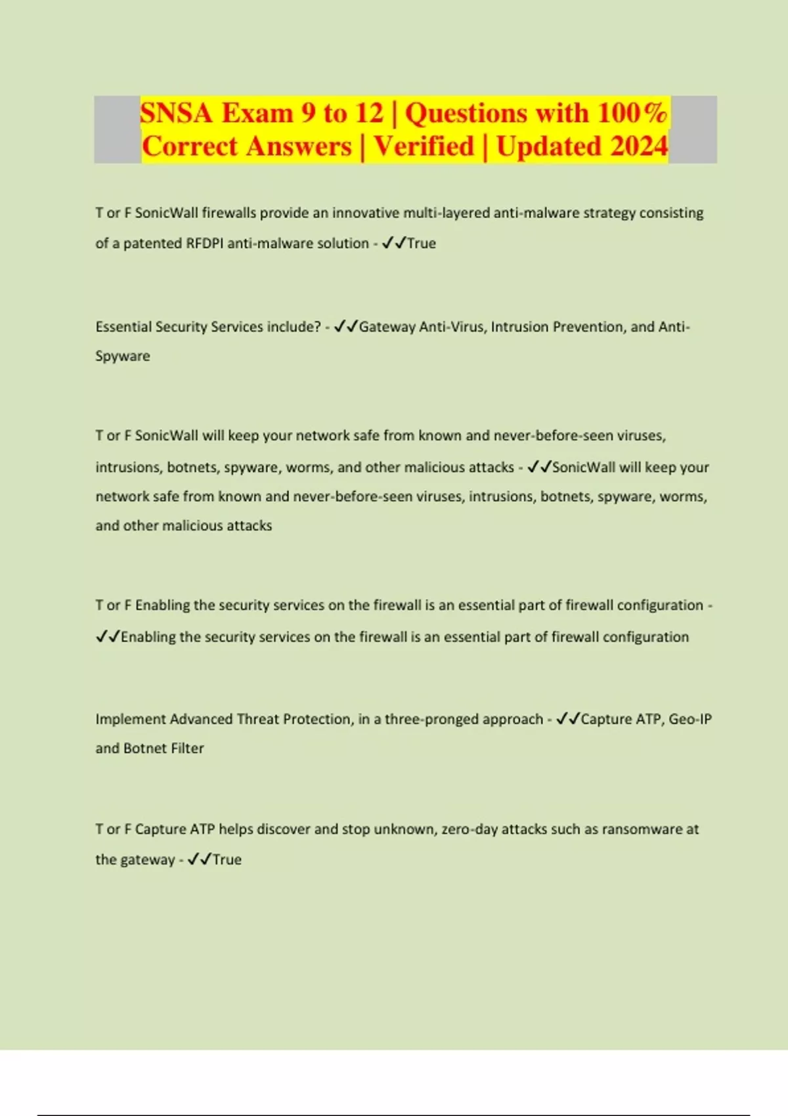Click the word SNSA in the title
click(176, 113)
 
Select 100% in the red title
click(632, 113)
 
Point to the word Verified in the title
click(424, 146)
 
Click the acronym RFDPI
click(204, 244)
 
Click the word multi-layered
click(446, 213)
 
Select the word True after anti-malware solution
click(422, 244)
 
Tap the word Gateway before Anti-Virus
click(387, 327)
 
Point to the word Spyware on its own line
click(123, 356)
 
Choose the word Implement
click(130, 719)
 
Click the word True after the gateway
click(227, 860)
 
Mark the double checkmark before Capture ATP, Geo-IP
click(567, 719)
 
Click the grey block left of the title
click(117, 129)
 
